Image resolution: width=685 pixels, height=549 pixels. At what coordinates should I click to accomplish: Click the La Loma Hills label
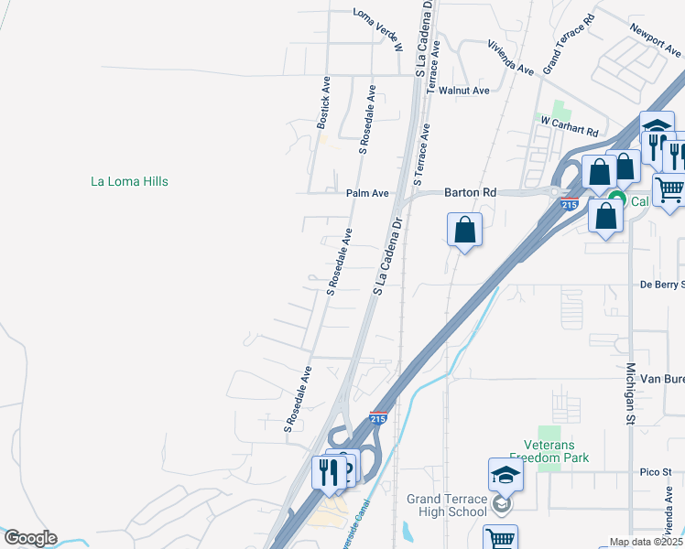[129, 181]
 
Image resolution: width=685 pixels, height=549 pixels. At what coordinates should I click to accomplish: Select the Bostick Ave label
[323, 101]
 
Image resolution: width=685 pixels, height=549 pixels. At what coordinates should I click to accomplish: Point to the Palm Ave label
[367, 193]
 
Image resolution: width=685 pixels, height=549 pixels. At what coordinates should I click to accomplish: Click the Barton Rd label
[470, 193]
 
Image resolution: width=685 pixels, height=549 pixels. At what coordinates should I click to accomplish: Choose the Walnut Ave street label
[464, 91]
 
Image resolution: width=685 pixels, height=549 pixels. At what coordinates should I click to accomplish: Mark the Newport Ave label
[657, 42]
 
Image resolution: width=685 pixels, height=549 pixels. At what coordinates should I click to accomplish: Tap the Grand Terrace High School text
[448, 505]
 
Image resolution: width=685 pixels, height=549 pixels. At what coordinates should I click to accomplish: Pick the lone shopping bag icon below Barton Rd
[465, 229]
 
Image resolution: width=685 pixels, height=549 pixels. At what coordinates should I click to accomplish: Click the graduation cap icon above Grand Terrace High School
[506, 474]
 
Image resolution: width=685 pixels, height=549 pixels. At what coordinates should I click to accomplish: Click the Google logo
[30, 539]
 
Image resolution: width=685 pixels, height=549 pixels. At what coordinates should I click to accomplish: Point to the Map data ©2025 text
[646, 542]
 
